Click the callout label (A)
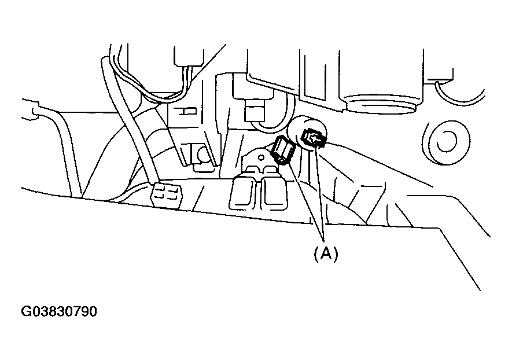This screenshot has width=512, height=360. pyautogui.click(x=325, y=254)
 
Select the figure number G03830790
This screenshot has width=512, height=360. pyautogui.click(x=60, y=311)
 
